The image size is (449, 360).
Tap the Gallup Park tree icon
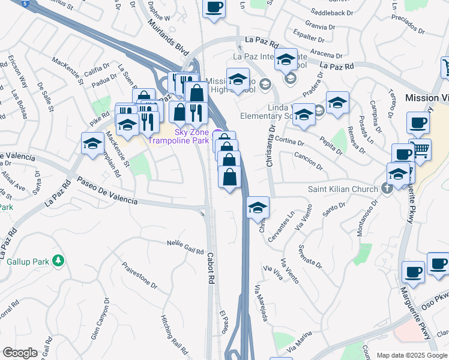tap(58, 261)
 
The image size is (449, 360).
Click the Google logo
tap(20, 353)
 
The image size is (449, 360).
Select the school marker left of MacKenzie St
tap(92, 145)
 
